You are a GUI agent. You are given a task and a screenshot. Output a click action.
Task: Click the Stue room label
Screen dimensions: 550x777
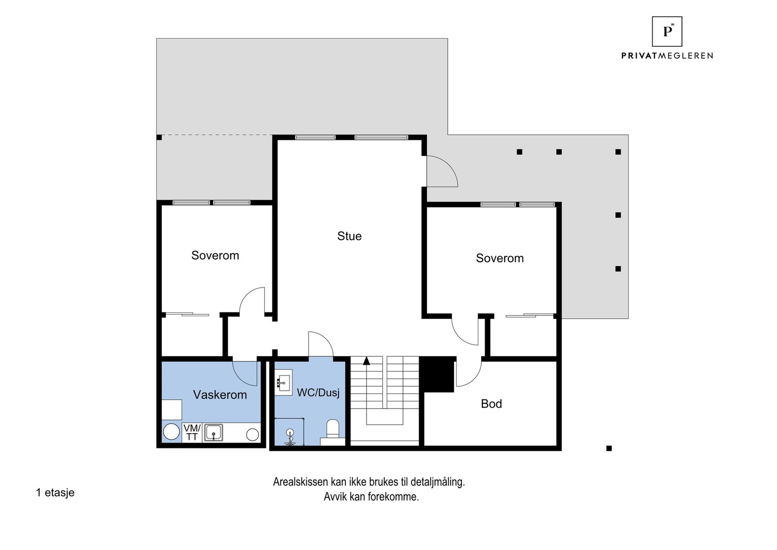[349, 236]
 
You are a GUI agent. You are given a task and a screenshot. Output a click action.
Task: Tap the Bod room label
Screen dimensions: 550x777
[491, 404]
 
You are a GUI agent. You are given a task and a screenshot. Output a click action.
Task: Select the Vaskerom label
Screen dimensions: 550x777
[220, 395]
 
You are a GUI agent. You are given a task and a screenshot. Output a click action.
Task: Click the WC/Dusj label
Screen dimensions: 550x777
[318, 393]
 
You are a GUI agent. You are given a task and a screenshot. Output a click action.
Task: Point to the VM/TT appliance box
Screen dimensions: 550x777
[192, 432]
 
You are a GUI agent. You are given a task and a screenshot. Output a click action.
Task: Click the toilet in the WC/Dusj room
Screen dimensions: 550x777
[333, 430]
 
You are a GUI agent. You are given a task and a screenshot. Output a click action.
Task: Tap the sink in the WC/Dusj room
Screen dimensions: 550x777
[283, 382]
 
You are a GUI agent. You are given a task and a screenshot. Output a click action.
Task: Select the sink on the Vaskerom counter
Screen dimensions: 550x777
[213, 432]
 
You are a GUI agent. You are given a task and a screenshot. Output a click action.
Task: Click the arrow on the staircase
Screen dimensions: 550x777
[366, 361]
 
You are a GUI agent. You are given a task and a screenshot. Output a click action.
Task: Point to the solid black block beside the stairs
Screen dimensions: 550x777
[437, 375]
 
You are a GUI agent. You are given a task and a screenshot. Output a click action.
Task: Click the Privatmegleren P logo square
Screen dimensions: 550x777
[667, 32]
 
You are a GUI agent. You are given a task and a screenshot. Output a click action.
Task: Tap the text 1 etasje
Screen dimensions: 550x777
[55, 493]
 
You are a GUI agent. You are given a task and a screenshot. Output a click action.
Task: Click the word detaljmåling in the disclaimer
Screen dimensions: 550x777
[437, 482]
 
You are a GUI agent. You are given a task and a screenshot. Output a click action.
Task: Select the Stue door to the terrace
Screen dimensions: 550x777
[441, 171]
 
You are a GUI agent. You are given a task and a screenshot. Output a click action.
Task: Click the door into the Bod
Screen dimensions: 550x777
[468, 373]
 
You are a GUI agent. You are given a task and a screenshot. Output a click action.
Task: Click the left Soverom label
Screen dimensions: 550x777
[215, 256]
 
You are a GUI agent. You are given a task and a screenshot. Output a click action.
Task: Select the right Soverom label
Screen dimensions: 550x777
[499, 258]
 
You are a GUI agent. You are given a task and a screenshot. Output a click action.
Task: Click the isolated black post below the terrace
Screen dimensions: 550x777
[609, 448]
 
